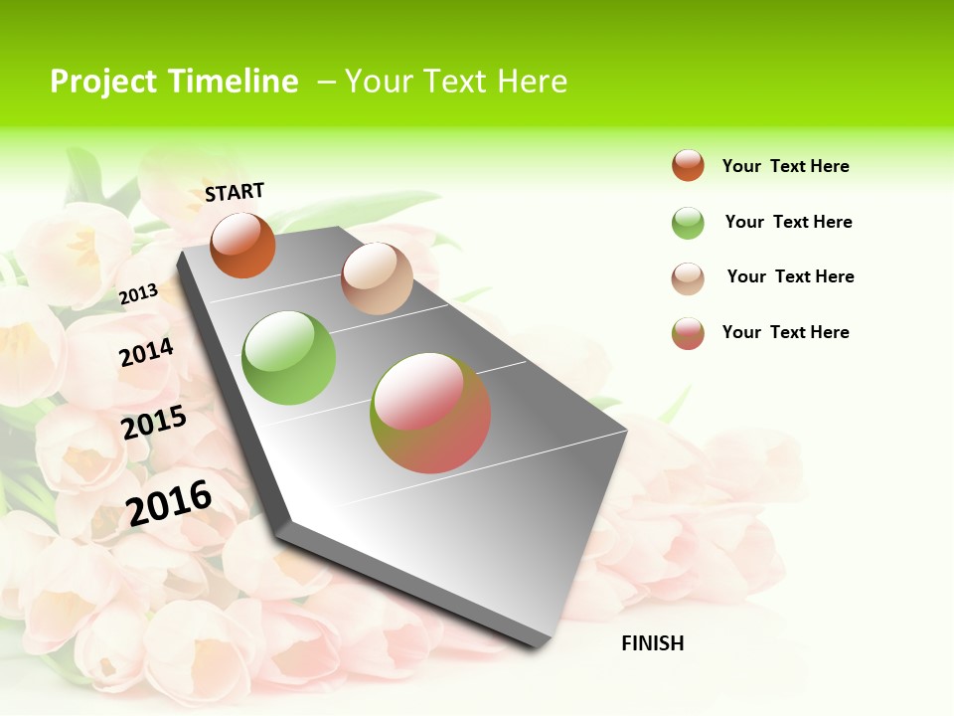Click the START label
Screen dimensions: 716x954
[x=235, y=191]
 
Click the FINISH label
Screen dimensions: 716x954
[x=652, y=643]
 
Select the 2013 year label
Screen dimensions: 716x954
[x=139, y=293]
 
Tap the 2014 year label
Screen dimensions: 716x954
[x=146, y=352]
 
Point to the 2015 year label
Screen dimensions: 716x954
[x=154, y=423]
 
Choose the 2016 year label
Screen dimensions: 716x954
[x=169, y=502]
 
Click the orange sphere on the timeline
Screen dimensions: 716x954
[x=242, y=245]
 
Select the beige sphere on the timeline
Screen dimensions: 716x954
[x=377, y=278]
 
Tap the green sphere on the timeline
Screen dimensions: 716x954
[x=289, y=358]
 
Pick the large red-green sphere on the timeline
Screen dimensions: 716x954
[x=430, y=413]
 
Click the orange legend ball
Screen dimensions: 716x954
[x=688, y=165]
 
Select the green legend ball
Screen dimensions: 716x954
[x=688, y=223]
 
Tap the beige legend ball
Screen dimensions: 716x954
[x=688, y=278]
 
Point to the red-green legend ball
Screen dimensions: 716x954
[x=688, y=333]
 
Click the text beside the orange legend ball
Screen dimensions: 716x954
[x=785, y=166]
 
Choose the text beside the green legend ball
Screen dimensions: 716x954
[x=788, y=222]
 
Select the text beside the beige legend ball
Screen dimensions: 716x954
[x=790, y=276]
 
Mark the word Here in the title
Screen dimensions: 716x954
[x=532, y=82]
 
